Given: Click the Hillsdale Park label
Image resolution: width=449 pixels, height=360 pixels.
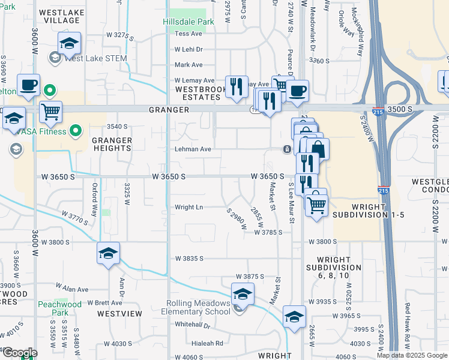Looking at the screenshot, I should pos(188,22).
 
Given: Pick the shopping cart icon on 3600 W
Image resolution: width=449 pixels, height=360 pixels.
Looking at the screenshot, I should pos(50,111).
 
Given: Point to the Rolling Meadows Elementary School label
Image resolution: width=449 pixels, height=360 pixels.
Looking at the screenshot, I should pos(196,307).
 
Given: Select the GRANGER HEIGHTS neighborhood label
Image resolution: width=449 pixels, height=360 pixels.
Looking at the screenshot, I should pos(112,144).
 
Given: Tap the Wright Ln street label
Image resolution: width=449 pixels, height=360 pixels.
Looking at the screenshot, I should pos(188,208).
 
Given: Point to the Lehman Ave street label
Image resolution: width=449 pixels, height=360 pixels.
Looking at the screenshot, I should pos(193,149).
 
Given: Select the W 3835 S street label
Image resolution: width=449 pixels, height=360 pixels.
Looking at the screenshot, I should pos(190,258).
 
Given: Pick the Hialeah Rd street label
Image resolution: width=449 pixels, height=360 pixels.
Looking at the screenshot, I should pos(206,343).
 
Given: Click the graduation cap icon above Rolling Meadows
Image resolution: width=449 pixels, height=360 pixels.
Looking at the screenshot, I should pos(243,294).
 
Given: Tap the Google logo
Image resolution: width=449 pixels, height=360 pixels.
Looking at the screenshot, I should pos(19,353).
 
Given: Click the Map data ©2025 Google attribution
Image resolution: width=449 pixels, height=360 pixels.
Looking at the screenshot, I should pos(412,355).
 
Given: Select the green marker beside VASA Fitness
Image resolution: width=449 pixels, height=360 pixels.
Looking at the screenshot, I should pos(76,130).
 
